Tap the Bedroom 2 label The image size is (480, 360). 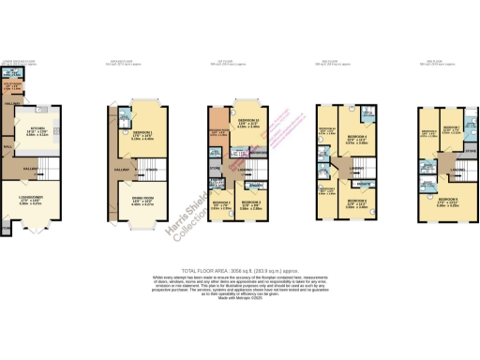[x=221, y=203]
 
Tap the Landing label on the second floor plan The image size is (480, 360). [x=357, y=170]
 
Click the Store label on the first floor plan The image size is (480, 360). [x=215, y=170]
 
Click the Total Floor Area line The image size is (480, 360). [x=240, y=269]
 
